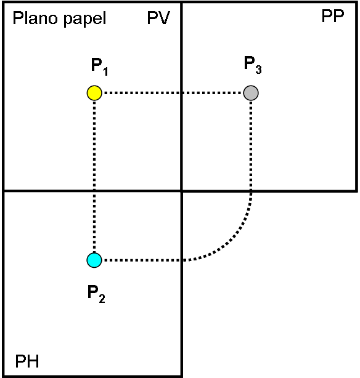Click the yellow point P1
(94, 93)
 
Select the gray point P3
(251, 93)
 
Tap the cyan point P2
(94, 260)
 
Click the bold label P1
(99, 66)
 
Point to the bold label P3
(253, 65)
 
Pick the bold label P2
(96, 294)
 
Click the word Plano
(35, 18)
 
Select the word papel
(84, 19)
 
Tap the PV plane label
(158, 18)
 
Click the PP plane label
(333, 16)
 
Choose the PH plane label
(27, 361)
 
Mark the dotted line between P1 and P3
(173, 93)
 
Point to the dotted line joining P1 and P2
(94, 177)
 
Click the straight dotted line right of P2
(142, 260)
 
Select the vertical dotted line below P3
(251, 146)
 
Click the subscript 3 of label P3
(258, 70)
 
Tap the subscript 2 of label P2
(102, 299)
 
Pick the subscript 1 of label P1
(105, 71)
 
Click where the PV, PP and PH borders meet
(181, 191)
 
